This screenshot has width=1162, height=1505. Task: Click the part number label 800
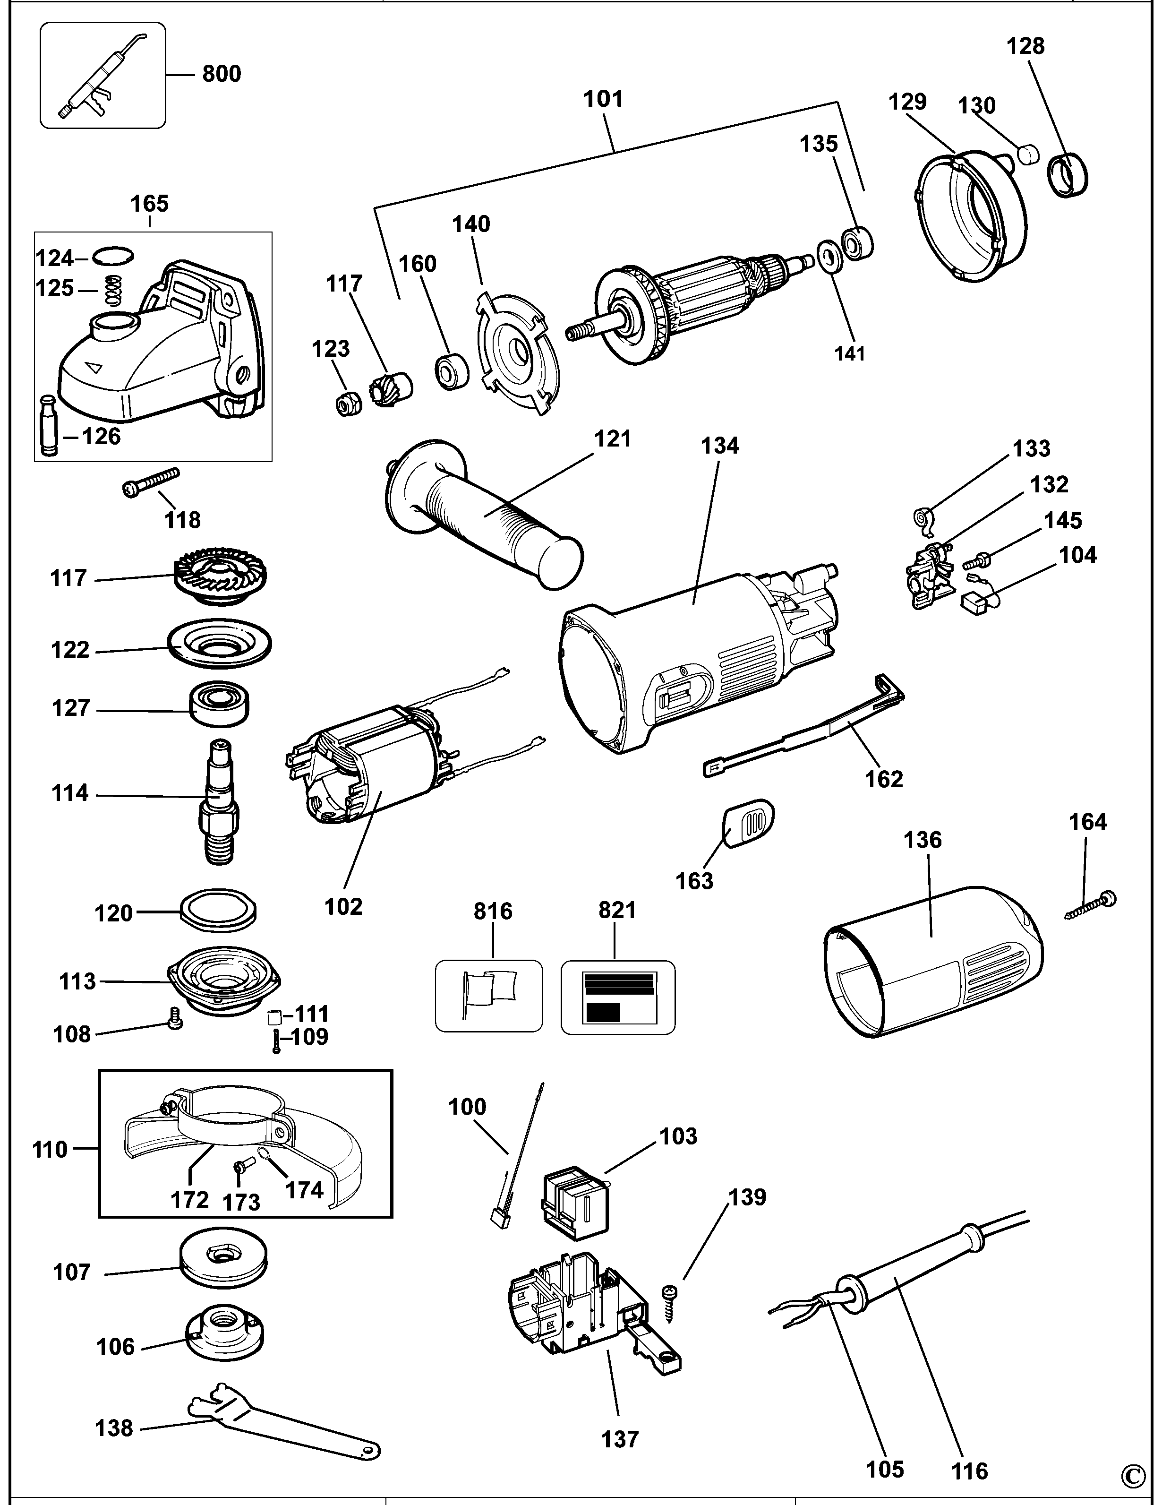coord(221,73)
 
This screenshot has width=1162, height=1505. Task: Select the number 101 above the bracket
coord(603,99)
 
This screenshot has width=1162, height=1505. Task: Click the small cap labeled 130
coord(1028,155)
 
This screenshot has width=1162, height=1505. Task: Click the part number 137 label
coord(620,1438)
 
